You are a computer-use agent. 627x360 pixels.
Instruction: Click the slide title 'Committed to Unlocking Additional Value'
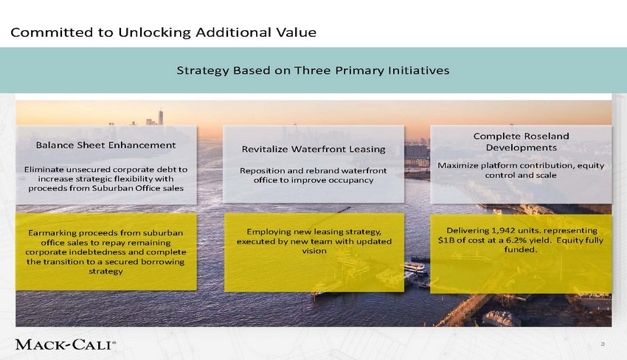(163, 32)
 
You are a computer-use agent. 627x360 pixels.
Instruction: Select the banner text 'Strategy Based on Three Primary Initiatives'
(313, 70)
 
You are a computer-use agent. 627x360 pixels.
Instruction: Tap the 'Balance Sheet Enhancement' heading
(106, 145)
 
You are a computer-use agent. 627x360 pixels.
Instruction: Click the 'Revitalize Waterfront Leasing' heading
(313, 149)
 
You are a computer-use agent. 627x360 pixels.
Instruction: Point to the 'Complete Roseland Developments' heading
(521, 142)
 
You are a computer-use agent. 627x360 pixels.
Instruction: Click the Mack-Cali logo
(66, 345)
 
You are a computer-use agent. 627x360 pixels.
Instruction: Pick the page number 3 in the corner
(603, 344)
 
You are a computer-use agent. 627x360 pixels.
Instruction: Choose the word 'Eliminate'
(44, 169)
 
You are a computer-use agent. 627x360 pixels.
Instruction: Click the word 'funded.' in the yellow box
(521, 249)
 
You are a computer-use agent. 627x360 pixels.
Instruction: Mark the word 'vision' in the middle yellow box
(314, 251)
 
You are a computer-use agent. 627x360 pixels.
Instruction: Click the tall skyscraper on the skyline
(160, 117)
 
